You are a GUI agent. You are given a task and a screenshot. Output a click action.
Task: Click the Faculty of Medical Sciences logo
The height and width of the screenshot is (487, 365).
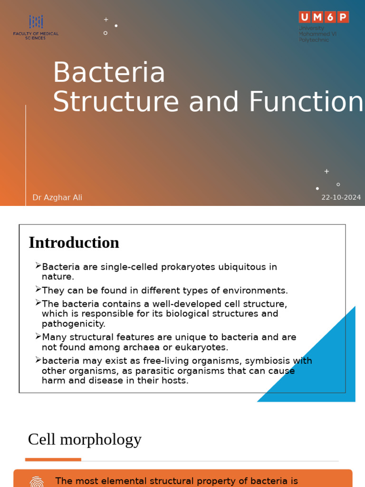(x=36, y=27)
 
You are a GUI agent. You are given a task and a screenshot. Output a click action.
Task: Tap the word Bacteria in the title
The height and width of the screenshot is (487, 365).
(x=109, y=73)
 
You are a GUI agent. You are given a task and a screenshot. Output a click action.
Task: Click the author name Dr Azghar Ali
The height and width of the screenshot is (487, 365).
(x=57, y=197)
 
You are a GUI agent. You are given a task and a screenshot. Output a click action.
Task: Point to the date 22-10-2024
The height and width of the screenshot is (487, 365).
(x=341, y=197)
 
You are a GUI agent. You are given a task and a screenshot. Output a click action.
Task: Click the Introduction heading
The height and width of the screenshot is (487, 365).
(x=74, y=243)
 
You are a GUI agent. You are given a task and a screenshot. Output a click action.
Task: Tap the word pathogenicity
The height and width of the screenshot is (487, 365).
(x=73, y=324)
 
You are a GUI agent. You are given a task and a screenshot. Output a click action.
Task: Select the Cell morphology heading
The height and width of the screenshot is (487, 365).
(x=85, y=439)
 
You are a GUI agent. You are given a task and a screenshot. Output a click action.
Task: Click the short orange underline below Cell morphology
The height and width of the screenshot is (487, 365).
(x=53, y=459)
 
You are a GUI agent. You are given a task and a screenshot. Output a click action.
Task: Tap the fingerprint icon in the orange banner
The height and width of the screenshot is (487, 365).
(x=37, y=481)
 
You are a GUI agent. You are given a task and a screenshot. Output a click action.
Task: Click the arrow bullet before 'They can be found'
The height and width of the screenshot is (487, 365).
(x=38, y=289)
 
